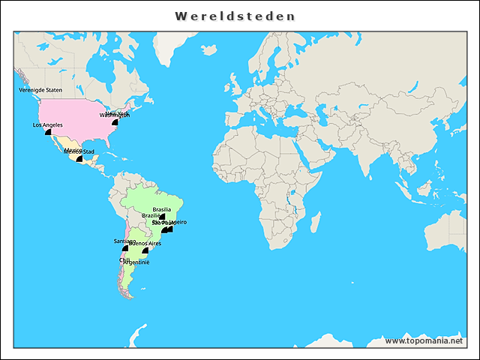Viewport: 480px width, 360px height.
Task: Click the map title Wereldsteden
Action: coord(235,16)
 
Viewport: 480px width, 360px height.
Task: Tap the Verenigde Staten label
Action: coord(40,90)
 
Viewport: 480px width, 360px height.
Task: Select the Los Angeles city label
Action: coord(47,125)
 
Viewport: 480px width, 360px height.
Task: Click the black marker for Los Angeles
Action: coord(49,132)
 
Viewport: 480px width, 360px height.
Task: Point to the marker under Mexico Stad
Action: coord(79,159)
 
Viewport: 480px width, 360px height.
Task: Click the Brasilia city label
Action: coord(162,209)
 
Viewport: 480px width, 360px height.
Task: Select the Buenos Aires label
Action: coord(145,244)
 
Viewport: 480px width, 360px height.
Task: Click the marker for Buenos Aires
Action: coord(145,251)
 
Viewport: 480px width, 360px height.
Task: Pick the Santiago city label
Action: coord(124,241)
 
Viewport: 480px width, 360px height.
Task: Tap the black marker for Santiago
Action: coord(125,248)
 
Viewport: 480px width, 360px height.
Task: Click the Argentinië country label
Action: coord(136,262)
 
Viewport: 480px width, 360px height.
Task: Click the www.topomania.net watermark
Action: coord(424,341)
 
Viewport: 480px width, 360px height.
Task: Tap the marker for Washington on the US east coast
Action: coord(115,122)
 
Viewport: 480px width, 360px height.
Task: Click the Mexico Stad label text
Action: coord(79,151)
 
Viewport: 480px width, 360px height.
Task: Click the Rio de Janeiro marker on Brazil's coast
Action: coord(170,229)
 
